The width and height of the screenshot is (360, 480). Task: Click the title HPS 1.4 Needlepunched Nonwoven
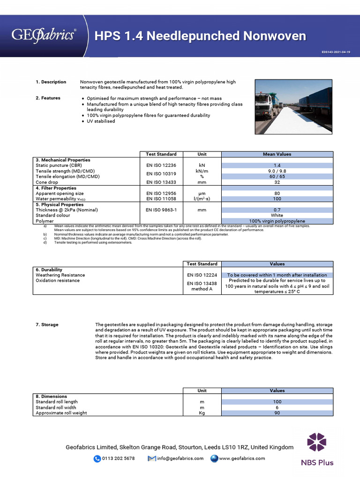pyautogui.click(x=200, y=36)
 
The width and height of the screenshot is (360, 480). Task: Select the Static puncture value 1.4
pyautogui.click(x=277, y=165)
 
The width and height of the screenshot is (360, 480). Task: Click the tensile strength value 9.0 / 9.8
pyautogui.click(x=277, y=171)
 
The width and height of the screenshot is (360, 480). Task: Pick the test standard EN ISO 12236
pyautogui.click(x=161, y=165)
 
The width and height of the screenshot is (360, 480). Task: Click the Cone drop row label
pyautogui.click(x=47, y=182)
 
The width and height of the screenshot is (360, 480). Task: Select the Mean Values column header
pyautogui.click(x=277, y=154)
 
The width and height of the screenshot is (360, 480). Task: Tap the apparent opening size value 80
pyautogui.click(x=277, y=193)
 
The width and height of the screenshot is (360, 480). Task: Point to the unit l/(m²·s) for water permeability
pyautogui.click(x=202, y=199)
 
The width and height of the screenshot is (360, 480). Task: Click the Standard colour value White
pyautogui.click(x=277, y=215)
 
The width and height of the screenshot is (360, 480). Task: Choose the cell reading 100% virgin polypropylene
pyautogui.click(x=277, y=221)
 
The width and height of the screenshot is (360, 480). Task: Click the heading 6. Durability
pyautogui.click(x=50, y=270)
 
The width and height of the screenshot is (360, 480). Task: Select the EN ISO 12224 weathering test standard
pyautogui.click(x=202, y=275)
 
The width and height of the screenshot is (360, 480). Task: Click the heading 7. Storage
pyautogui.click(x=47, y=324)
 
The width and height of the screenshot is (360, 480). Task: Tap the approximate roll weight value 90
pyautogui.click(x=277, y=413)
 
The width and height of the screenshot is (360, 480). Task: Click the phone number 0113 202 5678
pyautogui.click(x=118, y=458)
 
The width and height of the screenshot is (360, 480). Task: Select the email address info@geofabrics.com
pyautogui.click(x=180, y=458)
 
